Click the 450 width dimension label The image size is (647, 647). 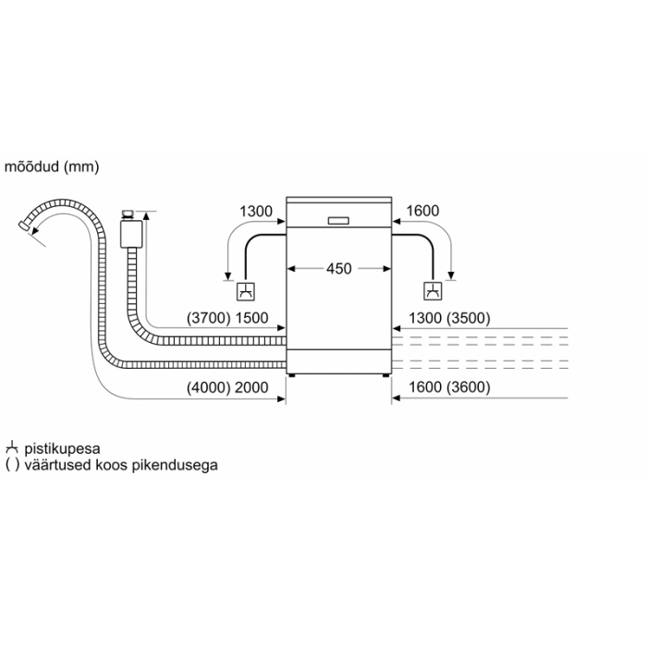(339, 269)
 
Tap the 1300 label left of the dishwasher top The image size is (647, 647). (256, 212)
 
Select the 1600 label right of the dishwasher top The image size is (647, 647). (422, 211)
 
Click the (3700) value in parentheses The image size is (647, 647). (208, 318)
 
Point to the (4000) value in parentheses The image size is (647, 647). (208, 387)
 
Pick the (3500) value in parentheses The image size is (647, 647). (469, 318)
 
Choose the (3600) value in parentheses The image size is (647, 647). (469, 387)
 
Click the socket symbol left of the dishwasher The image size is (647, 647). (246, 292)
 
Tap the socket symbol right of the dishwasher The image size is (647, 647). (433, 291)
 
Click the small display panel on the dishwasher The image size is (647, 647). (338, 221)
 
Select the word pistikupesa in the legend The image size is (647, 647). (62, 448)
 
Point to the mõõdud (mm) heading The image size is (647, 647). (52, 166)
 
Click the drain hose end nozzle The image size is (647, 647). (23, 226)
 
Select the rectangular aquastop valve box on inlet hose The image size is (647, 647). (131, 234)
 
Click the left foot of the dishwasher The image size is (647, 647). (292, 375)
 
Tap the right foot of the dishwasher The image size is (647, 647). (385, 375)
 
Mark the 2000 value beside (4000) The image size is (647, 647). (251, 387)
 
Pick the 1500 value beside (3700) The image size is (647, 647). (251, 318)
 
